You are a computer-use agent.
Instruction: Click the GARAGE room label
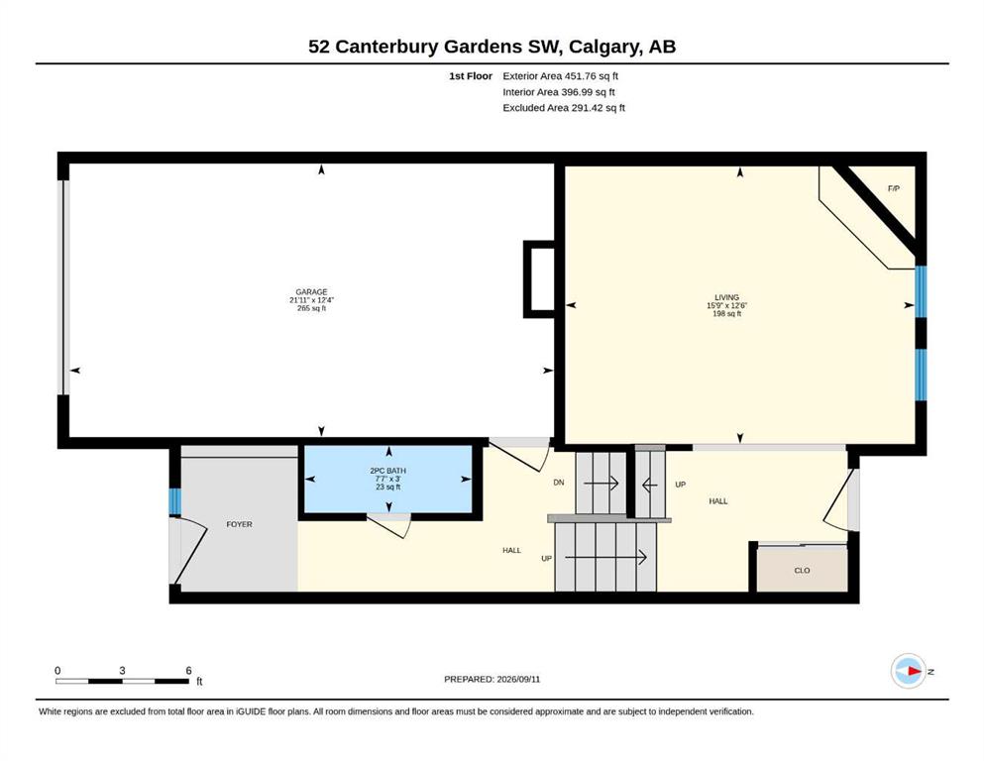tap(311, 291)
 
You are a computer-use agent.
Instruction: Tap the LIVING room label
tap(726, 297)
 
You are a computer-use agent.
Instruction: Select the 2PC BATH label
tap(387, 471)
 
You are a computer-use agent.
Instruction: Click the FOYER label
tap(239, 524)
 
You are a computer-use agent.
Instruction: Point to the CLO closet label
tap(802, 571)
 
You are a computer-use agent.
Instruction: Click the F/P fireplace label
tap(894, 188)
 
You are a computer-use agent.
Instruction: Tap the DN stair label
tap(559, 483)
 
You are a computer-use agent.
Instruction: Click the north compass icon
tap(909, 671)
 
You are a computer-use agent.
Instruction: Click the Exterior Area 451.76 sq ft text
tap(561, 76)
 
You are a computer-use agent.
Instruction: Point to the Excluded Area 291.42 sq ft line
tap(564, 108)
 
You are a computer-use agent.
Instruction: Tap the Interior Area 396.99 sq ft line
tap(559, 92)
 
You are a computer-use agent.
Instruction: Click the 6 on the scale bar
tap(189, 671)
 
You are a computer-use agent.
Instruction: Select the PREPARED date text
tap(492, 679)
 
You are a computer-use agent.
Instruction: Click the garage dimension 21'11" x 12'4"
tap(311, 300)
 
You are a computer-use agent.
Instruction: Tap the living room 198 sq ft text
tap(726, 314)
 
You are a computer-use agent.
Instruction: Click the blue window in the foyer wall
tap(175, 501)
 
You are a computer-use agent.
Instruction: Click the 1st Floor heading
tap(471, 76)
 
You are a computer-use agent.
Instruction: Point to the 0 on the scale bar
tap(57, 671)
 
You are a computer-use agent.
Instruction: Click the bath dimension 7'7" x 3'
tap(387, 479)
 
